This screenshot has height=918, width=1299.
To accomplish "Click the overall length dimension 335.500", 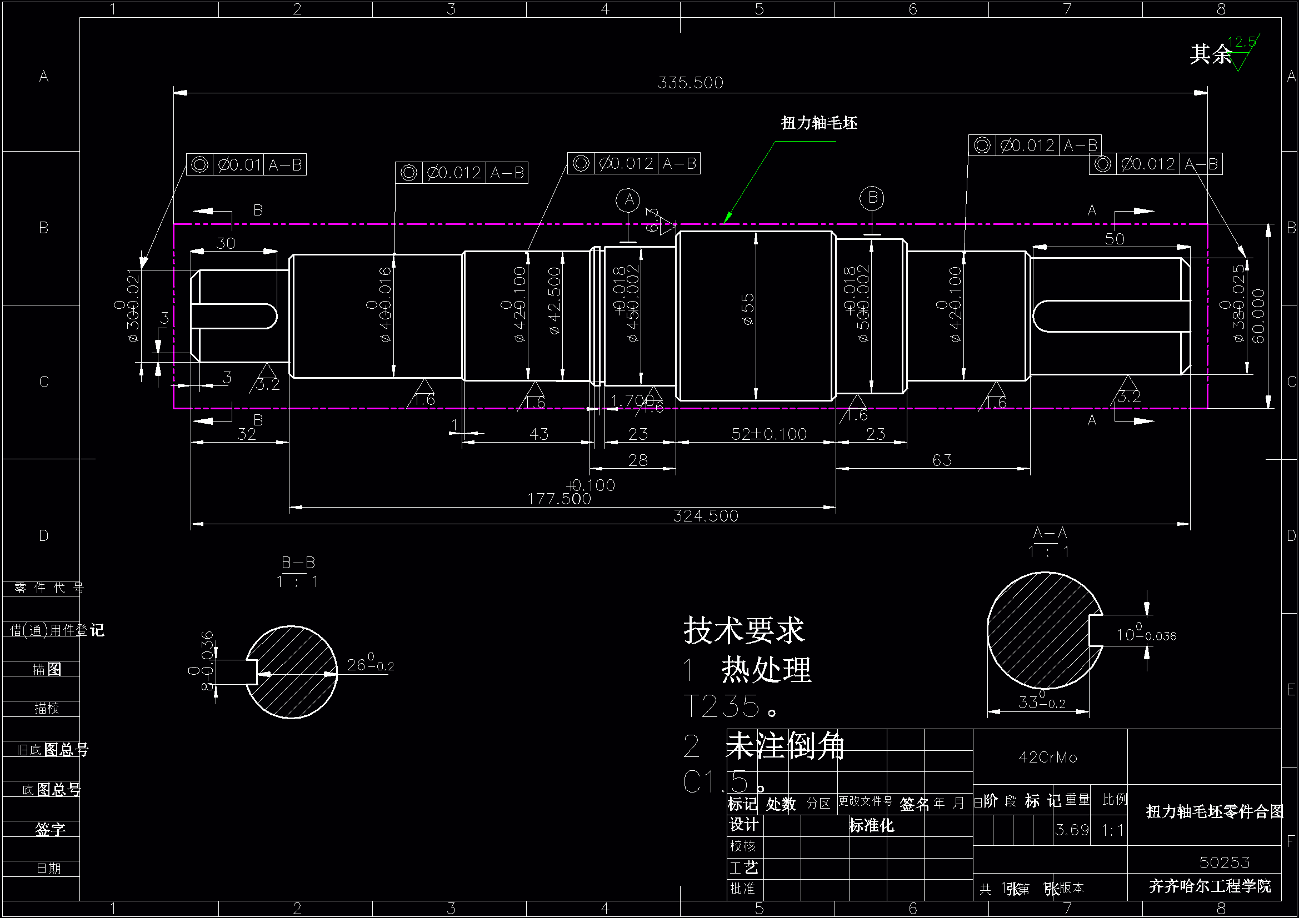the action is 690,83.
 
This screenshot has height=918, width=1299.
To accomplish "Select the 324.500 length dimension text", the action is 706,516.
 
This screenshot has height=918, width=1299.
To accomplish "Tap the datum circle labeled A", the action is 628,200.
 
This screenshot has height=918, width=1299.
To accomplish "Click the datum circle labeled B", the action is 872,198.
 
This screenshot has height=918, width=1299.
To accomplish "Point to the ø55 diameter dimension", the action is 748,309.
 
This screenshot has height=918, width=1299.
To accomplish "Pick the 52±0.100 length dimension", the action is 768,434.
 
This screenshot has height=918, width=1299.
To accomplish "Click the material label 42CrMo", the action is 1048,757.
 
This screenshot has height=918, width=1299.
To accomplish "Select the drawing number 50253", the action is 1225,862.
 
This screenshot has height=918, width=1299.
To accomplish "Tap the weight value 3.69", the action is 1072,830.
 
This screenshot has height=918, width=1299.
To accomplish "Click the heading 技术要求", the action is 743,630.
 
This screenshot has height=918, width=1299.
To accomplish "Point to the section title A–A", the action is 1050,533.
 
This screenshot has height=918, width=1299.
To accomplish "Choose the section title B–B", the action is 298,563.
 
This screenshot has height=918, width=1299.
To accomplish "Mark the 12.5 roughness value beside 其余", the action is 1242,42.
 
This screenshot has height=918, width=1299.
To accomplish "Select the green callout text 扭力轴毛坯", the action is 818,123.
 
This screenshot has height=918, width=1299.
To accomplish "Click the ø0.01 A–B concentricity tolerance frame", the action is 246,164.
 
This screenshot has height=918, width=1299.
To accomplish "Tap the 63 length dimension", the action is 942,460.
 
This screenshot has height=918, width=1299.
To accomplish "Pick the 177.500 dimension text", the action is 559,499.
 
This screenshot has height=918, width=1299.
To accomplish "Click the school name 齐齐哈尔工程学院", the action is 1210,886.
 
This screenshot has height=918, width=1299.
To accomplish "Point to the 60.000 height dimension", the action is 1258,315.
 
